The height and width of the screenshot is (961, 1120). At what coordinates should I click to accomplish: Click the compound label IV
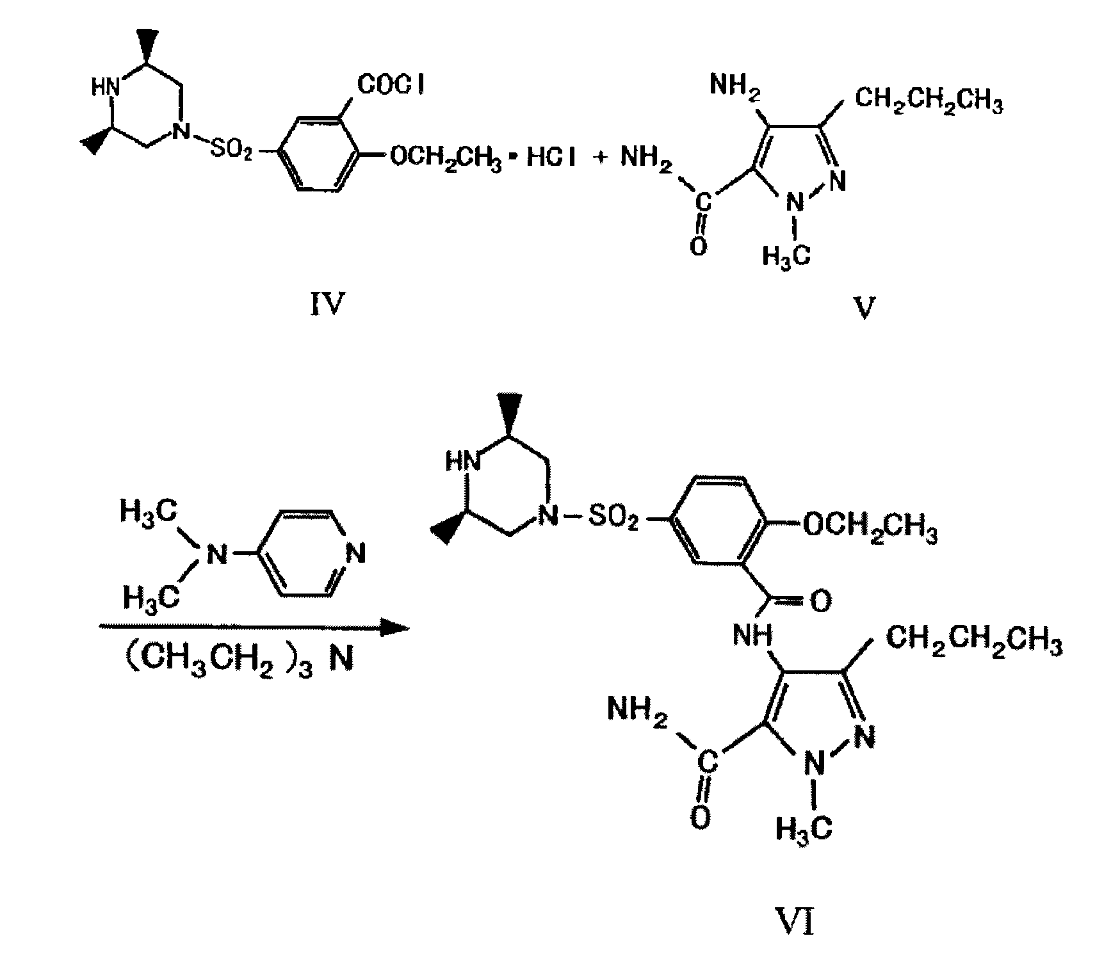click(x=327, y=305)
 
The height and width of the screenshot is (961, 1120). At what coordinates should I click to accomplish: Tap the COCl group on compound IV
click(x=391, y=84)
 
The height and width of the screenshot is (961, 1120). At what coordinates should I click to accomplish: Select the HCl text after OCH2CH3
click(x=550, y=157)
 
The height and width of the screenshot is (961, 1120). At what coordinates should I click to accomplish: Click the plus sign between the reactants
click(x=600, y=158)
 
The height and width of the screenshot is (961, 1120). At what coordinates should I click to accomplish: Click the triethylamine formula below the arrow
click(x=238, y=659)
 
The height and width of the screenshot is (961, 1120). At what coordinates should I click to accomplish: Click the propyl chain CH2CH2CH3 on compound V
click(x=929, y=102)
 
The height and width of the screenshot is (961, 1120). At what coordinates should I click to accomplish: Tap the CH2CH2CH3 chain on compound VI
click(x=974, y=642)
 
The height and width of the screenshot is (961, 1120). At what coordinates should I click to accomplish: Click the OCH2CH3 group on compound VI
click(x=870, y=528)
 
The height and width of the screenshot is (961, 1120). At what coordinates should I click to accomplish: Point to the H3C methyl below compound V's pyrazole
click(x=786, y=256)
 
